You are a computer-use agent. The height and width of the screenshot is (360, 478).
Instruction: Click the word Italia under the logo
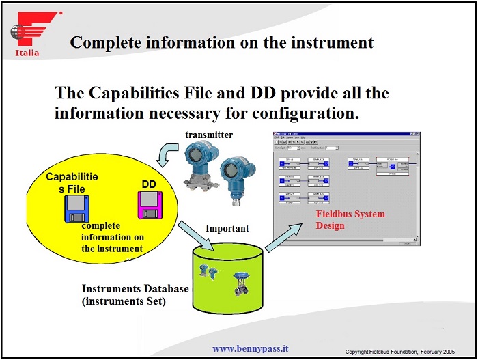[x=27, y=53]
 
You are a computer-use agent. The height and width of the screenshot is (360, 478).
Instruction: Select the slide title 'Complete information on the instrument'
[x=222, y=42]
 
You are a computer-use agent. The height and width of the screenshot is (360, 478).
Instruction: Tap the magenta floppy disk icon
[x=148, y=204]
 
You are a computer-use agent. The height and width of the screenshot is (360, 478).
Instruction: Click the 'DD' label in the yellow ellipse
[x=149, y=184]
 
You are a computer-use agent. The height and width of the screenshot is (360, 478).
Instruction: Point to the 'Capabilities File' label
[x=72, y=182]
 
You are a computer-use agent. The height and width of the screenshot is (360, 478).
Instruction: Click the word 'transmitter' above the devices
[x=208, y=135]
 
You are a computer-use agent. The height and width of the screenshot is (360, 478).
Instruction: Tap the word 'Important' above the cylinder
[x=227, y=228]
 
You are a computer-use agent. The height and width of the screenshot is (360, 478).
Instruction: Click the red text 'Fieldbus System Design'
[x=350, y=219]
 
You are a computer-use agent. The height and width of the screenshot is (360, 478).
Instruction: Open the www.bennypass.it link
[x=250, y=348]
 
